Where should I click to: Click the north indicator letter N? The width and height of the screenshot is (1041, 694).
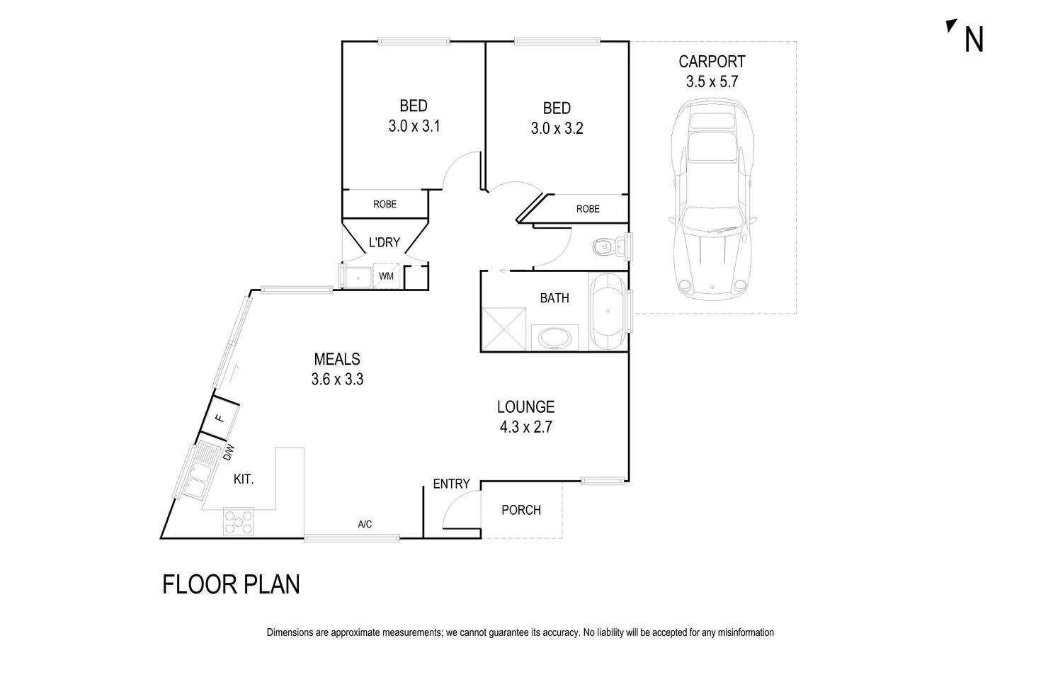(974, 40)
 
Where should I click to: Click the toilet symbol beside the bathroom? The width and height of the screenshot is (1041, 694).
(605, 247)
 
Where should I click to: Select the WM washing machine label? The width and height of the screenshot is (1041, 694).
(386, 276)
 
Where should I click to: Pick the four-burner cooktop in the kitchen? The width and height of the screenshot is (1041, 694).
(239, 523)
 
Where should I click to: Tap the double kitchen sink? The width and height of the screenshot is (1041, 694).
(195, 469)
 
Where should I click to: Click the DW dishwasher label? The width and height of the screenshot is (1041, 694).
(228, 452)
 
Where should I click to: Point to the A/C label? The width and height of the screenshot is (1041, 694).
(365, 525)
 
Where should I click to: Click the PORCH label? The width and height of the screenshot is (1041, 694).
(520, 510)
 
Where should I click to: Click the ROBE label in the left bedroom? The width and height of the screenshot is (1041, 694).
(385, 204)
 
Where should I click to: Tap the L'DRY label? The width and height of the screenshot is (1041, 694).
(385, 242)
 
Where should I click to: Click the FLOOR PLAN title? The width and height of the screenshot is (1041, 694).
(231, 585)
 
